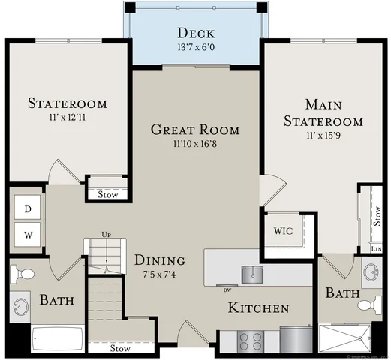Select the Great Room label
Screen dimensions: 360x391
[195, 130]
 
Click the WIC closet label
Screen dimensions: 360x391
[282, 230]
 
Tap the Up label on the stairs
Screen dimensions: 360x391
[107, 235]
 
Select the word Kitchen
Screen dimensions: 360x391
[259, 308]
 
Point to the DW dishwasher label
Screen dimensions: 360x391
[227, 287]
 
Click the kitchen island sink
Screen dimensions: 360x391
[251, 274]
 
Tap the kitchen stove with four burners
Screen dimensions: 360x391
[251, 341]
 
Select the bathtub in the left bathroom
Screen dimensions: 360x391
[58, 340]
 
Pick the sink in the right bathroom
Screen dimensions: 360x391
[369, 271]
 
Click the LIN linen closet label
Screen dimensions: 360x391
[376, 248]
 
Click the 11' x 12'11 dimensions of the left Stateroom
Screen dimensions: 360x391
[68, 118]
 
